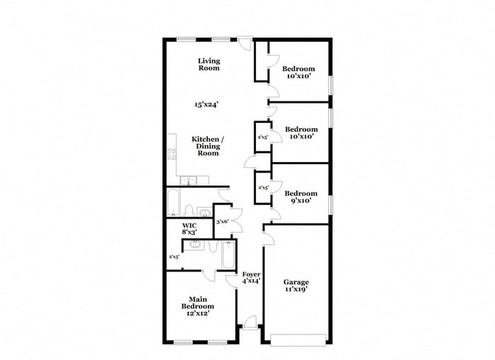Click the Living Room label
point(209,64)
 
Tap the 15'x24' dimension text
point(206,105)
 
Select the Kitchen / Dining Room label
point(208,146)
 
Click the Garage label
point(296,282)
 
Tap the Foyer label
point(251,274)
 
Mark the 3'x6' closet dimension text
point(222,221)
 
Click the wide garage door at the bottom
point(296,339)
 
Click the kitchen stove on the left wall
point(170,154)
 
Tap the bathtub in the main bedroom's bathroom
point(228,256)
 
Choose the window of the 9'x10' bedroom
point(330,203)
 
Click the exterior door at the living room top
point(244,45)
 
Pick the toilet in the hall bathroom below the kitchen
point(189,209)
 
